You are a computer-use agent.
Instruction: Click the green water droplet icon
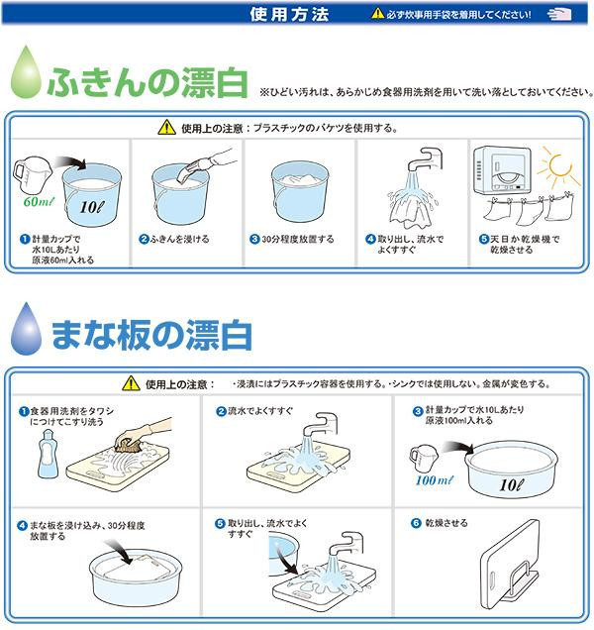pos(26,73)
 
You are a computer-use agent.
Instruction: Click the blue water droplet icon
pos(26,330)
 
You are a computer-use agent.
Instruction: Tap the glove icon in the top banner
pos(559,14)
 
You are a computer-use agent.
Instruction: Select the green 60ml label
pos(39,201)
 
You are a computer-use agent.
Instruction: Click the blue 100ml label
pos(435,479)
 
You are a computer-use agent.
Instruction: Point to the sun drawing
pos(558,166)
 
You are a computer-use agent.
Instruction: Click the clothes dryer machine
pos(502,170)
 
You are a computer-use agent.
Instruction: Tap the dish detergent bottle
pos(48,454)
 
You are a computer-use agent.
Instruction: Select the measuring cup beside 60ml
pos(32,173)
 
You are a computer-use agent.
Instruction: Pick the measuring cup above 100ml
pos(424,458)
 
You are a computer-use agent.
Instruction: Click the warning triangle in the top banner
pos(377,14)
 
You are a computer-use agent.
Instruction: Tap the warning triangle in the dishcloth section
pos(166,128)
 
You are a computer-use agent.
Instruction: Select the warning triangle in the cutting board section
pos(131,383)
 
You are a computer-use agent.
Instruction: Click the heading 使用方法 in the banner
pos(289,15)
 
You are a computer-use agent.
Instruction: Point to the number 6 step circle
pos(416,523)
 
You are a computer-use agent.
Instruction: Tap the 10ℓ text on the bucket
pos(92,207)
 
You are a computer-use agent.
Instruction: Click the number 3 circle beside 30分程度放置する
pos(254,239)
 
